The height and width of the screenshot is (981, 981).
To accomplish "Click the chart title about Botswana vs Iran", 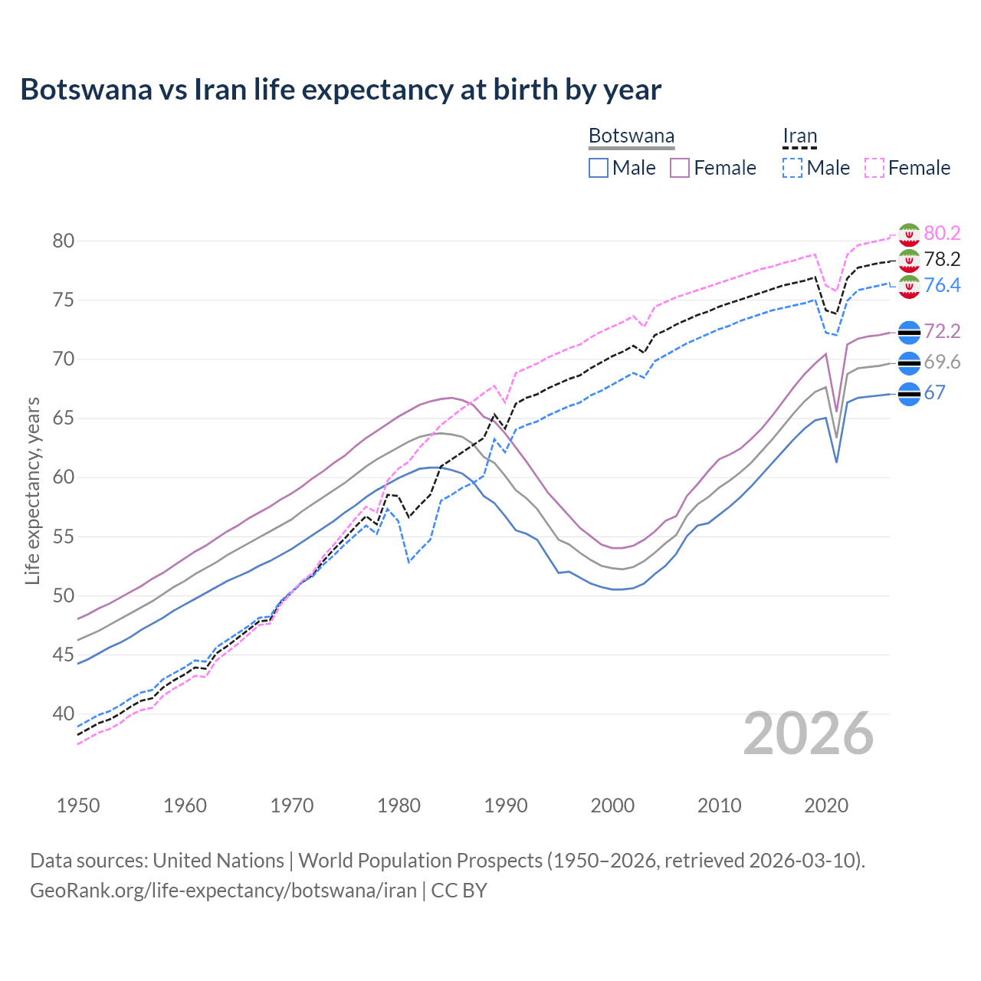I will pos(340,90).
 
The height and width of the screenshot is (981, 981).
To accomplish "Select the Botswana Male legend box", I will pos(599,168).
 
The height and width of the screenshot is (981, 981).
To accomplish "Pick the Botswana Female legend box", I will pos(680,168).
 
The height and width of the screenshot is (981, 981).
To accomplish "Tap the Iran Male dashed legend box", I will pos(792,168).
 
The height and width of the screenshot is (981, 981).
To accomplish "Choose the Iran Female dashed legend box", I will pos(874,168).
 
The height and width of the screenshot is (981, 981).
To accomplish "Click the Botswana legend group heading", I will pos(632,136).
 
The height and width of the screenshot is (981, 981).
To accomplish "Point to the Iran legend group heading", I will pos(800,136).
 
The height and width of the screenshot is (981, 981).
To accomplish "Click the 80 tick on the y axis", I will pos(64,241).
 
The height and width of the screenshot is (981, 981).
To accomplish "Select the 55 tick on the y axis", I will pos(64,536).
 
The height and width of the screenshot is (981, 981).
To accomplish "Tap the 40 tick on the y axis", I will pos(64,714).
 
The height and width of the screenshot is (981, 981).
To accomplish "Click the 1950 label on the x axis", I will pos(79,805).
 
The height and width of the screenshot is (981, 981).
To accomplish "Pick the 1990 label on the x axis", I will pos(506,805).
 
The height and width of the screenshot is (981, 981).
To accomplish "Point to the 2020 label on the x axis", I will pos(826,805).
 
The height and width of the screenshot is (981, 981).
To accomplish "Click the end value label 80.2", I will pos(942,233).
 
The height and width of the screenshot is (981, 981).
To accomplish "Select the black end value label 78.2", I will pos(942,259).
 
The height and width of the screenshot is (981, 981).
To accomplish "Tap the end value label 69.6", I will pos(942,362).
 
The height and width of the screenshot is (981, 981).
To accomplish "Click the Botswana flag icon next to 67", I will pos(909,394).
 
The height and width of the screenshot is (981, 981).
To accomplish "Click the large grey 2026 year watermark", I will pos(809,733).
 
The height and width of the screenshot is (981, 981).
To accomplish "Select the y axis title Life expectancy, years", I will pos(33,490).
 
